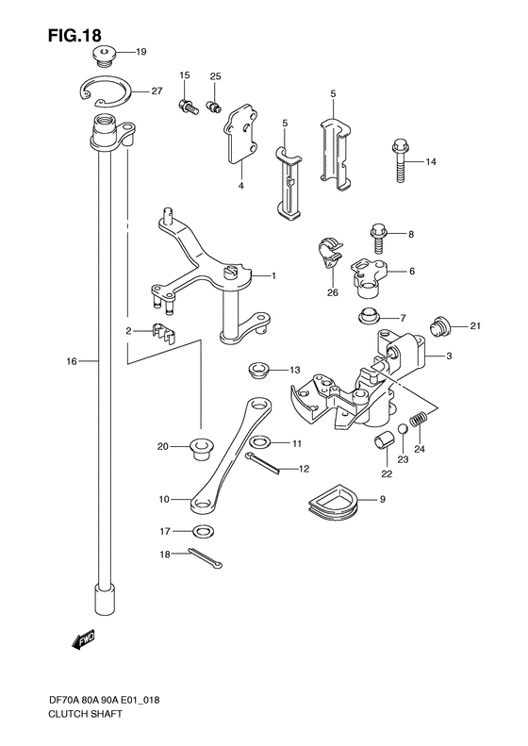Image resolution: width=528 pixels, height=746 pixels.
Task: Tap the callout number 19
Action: [x=141, y=51]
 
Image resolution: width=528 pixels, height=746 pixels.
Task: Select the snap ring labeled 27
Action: [x=102, y=91]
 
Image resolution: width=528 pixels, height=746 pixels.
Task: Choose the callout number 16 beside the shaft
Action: [x=72, y=360]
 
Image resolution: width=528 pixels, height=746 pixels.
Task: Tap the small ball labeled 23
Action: [x=404, y=430]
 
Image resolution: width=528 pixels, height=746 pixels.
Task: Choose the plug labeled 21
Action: [x=436, y=327]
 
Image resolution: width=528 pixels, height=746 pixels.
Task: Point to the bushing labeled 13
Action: [x=258, y=368]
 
